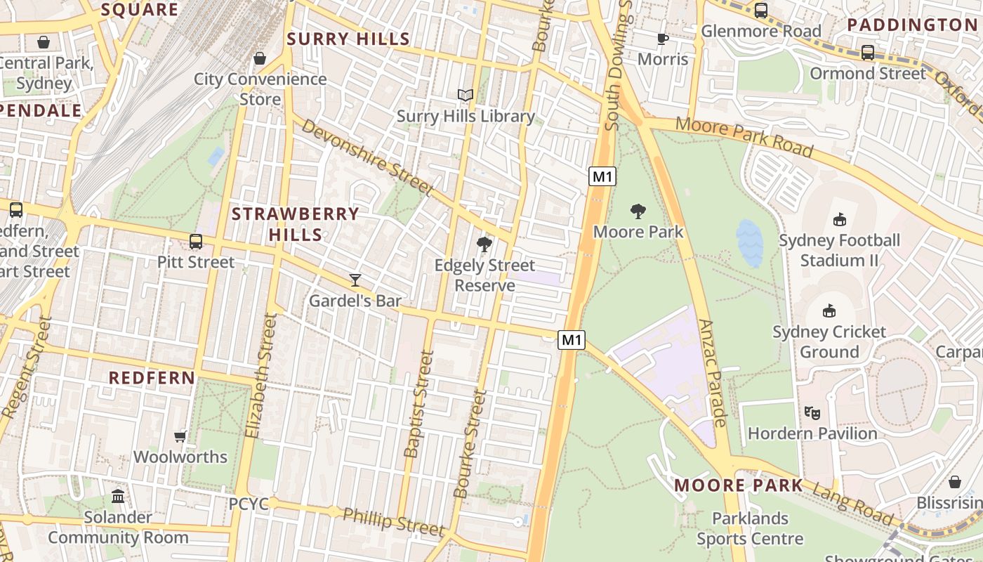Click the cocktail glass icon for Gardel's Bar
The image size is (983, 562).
coord(355,280)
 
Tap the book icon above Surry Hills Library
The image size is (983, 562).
coord(466,95)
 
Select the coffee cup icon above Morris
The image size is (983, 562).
coord(662,39)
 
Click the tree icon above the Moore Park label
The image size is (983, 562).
coord(638,211)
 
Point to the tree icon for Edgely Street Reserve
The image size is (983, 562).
coord(484,244)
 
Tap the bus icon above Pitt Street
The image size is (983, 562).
coord(196,242)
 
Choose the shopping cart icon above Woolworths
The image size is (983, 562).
coord(180,436)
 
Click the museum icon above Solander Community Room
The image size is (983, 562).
coord(118,497)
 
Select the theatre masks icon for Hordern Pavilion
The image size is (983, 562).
coord(812,413)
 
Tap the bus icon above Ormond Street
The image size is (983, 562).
coord(868,53)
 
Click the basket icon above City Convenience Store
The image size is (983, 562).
coord(260,58)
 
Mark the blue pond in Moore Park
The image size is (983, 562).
coord(750,243)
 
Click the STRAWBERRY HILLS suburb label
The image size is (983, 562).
coord(296,224)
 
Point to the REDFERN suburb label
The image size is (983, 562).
coord(152,377)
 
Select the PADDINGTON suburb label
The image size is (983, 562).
coord(912,25)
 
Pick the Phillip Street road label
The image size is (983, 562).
coord(393,522)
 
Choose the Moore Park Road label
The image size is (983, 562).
coord(744,138)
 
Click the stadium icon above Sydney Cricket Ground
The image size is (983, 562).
coord(829,311)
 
